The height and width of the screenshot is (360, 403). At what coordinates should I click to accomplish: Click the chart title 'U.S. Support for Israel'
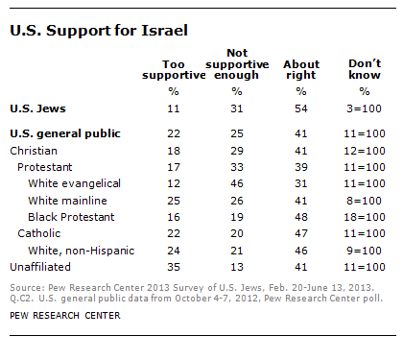tap(90, 30)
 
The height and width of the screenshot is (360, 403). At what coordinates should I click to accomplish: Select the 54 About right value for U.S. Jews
tap(301, 110)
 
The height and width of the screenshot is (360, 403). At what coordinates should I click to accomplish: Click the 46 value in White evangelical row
tap(234, 181)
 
